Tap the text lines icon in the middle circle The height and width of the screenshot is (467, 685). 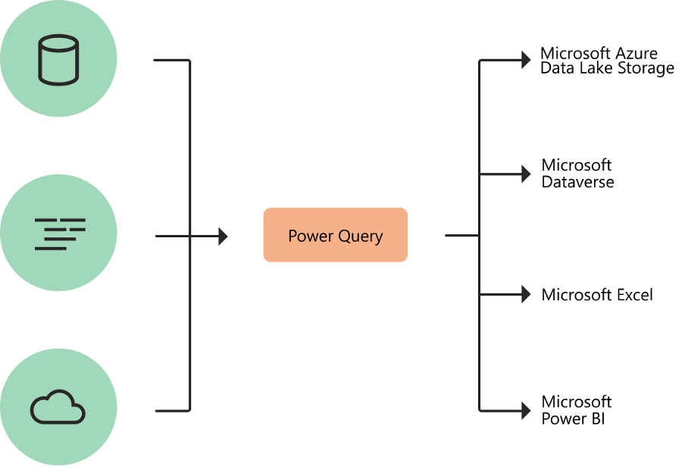click(x=60, y=233)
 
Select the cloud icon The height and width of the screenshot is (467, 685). click(x=58, y=407)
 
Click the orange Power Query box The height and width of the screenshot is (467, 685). click(x=335, y=235)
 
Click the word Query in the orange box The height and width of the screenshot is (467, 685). click(x=360, y=237)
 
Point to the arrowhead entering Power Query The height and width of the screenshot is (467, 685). click(x=223, y=237)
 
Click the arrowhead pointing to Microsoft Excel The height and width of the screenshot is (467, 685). click(x=526, y=294)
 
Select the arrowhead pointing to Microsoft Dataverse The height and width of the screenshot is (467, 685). click(x=526, y=174)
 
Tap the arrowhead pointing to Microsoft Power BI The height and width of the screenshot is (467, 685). click(x=526, y=410)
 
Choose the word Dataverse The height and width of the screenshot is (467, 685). click(x=577, y=182)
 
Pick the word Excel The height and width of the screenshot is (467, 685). click(x=634, y=295)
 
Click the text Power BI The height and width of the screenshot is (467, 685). click(x=573, y=418)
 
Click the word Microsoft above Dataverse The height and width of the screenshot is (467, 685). click(x=577, y=165)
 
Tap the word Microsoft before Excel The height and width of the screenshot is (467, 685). click(x=577, y=295)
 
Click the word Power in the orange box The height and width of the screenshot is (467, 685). click(x=311, y=236)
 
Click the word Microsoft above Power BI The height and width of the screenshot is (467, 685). click(x=577, y=402)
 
